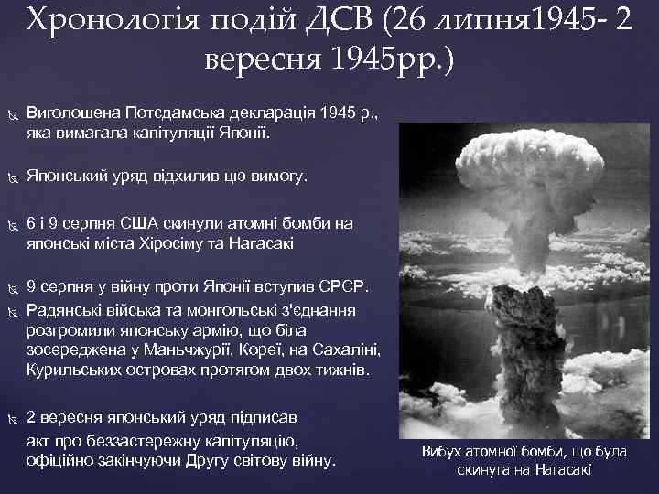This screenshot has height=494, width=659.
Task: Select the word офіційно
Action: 59,459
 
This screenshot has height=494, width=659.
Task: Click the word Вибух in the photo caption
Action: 442,451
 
